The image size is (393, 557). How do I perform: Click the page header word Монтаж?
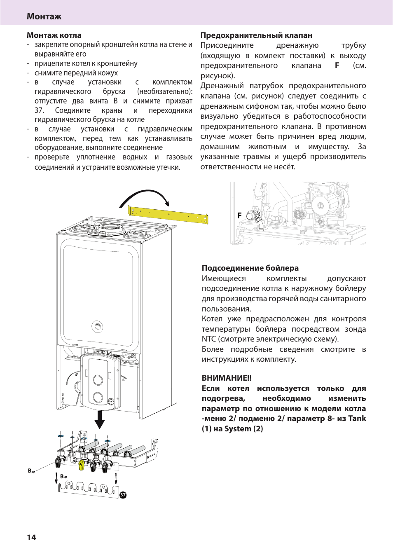coord(44,16)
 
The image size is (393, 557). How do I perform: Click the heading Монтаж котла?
coord(54,35)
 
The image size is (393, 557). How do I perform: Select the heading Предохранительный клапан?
coord(256,35)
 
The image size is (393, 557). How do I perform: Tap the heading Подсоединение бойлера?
coord(250,268)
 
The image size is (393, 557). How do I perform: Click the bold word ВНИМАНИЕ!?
coord(227,378)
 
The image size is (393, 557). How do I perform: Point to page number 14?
coord(31,537)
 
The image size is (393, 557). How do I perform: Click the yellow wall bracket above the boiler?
coord(168,215)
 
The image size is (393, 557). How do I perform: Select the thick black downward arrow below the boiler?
coord(100,419)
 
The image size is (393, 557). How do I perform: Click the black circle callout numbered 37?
coord(123,495)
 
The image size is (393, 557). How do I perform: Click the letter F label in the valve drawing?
coord(239,215)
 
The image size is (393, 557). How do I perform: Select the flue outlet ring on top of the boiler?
coord(110,227)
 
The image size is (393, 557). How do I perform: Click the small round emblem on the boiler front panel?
coord(97,327)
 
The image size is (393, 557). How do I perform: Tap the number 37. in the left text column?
coord(40,110)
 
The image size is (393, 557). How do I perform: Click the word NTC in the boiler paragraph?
coord(209,339)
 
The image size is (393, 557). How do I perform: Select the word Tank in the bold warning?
coord(357,419)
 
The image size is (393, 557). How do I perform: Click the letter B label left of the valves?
coord(30,470)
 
